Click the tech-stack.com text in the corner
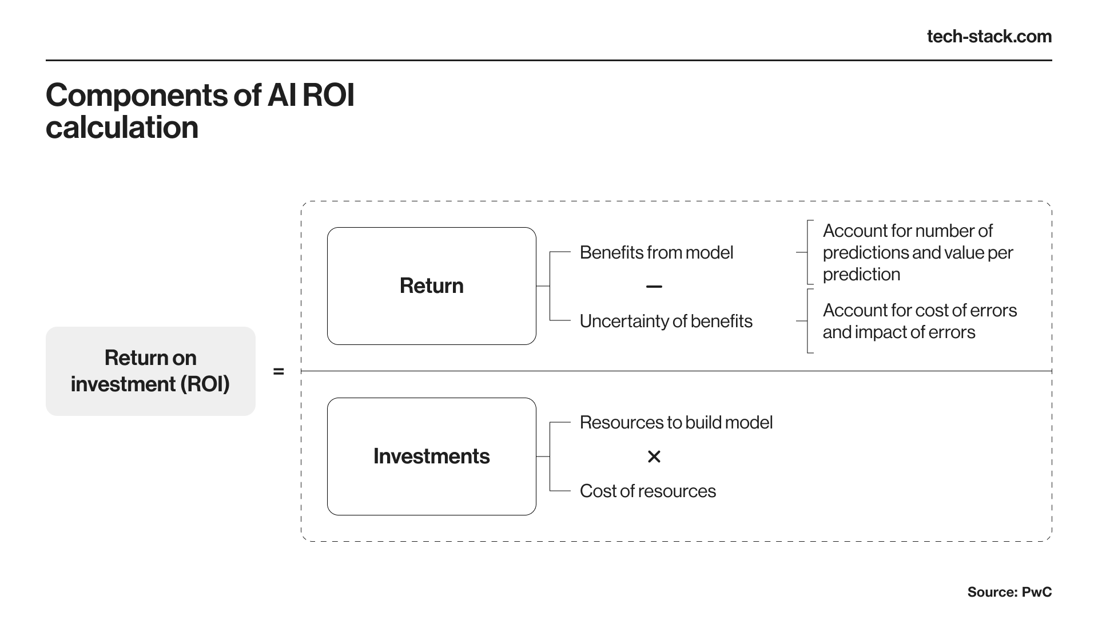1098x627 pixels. (x=989, y=37)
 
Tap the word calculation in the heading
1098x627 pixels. (x=122, y=128)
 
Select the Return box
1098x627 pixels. (x=431, y=286)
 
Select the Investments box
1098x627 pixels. (x=431, y=457)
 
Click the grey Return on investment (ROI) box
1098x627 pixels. (x=150, y=371)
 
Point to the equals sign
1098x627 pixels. (x=279, y=372)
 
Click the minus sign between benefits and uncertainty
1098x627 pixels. (x=654, y=287)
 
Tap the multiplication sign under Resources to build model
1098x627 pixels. (x=654, y=457)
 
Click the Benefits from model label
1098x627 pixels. (x=656, y=252)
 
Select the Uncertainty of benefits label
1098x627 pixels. (x=666, y=321)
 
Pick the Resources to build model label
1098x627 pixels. (x=676, y=422)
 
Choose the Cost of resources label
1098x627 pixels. (x=647, y=491)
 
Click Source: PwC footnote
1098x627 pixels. (x=1009, y=592)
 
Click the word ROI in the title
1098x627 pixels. (x=328, y=96)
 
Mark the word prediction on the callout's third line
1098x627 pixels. (x=861, y=275)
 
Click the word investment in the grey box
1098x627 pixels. (x=123, y=384)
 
